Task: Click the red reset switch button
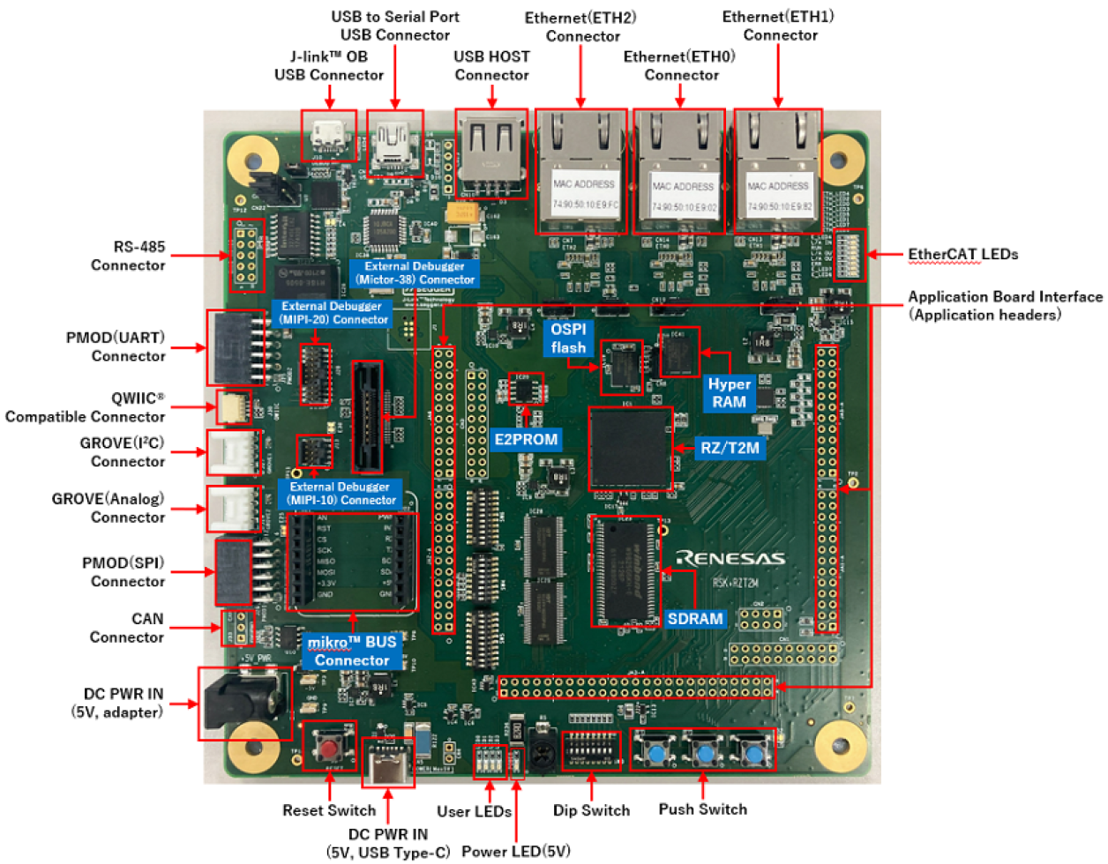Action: [329, 748]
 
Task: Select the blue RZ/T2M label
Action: [730, 448]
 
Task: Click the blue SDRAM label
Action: [695, 619]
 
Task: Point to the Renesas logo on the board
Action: [730, 558]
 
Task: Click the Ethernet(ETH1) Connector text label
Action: [778, 26]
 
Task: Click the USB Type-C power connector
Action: [389, 764]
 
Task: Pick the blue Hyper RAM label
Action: [729, 393]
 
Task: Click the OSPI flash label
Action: [568, 339]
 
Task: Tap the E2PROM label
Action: [526, 439]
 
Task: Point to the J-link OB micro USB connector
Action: [328, 135]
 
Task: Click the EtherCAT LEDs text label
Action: [962, 255]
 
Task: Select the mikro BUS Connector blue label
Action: [352, 652]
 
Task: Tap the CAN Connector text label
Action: [127, 628]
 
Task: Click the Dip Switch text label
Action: [591, 810]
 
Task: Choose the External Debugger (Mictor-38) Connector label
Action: [415, 272]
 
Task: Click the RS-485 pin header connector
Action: [246, 256]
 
